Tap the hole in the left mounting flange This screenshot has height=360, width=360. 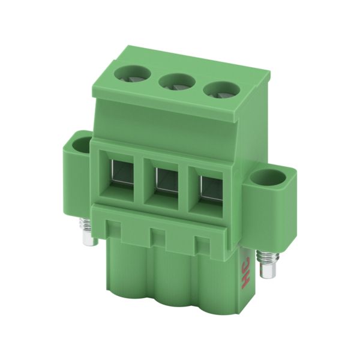[81, 142]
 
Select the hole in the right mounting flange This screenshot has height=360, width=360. [268, 177]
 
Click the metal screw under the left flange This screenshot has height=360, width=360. [87, 232]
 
